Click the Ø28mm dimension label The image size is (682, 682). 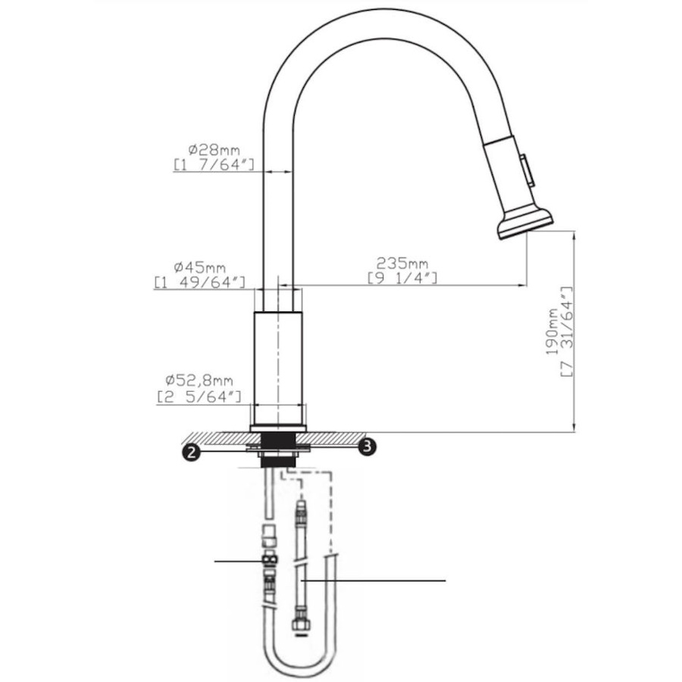coord(214,150)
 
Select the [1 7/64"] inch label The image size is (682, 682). coord(214,165)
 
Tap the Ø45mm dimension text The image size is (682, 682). coord(199,267)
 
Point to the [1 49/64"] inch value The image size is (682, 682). coord(199,283)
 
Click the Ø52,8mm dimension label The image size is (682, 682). coord(199,380)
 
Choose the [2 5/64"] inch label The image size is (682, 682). coord(199,396)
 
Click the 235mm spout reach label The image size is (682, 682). coord(402,263)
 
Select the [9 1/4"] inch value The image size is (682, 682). coord(402,277)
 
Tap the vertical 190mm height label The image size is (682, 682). coord(552,331)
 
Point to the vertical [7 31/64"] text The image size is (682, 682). coord(567,331)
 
